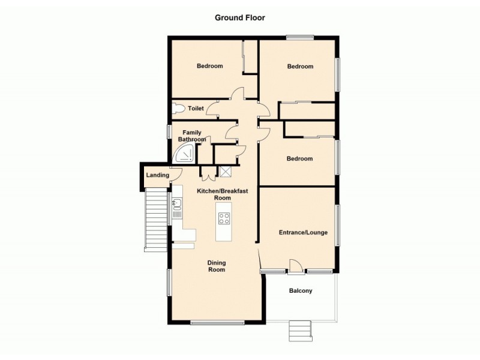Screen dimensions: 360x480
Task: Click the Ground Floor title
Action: (x=240, y=17)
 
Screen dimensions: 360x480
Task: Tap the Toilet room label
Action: (x=196, y=109)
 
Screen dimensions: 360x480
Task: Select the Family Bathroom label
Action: (x=192, y=136)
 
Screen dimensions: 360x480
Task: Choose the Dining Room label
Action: (x=217, y=266)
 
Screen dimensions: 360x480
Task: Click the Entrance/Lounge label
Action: (x=303, y=232)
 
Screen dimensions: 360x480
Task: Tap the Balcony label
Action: (x=301, y=291)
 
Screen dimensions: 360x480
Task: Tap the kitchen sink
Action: (x=177, y=208)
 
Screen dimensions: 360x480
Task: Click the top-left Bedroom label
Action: (x=210, y=66)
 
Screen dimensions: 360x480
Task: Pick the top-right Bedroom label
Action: (x=300, y=67)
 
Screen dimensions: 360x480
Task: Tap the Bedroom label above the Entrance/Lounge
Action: (x=299, y=159)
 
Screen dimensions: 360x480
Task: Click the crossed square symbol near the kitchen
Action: (x=226, y=171)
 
